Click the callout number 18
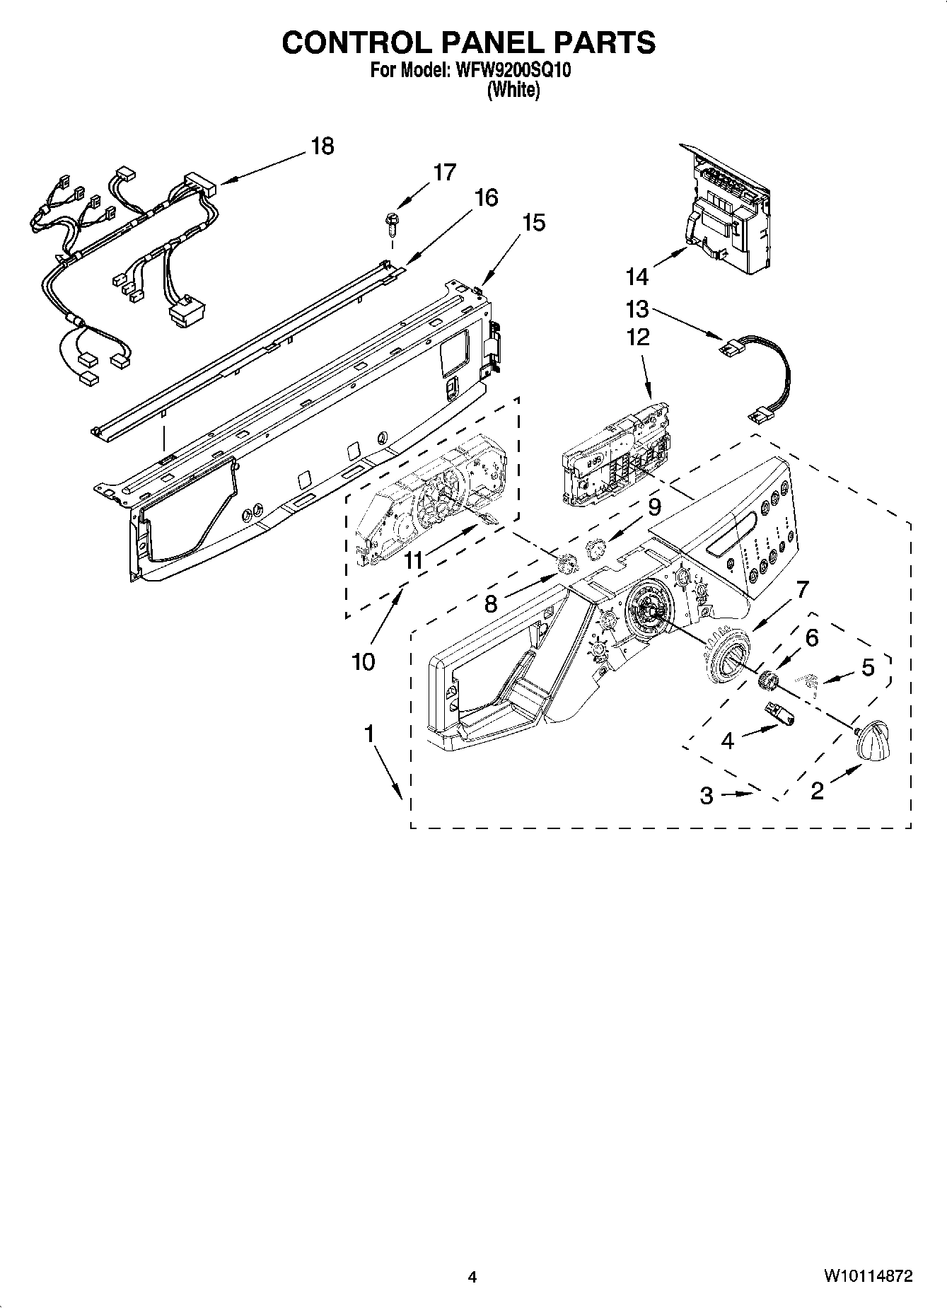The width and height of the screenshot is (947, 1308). (322, 146)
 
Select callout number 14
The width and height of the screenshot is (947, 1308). (637, 276)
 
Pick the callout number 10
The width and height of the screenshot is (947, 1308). (363, 662)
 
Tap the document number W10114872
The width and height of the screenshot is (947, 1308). (867, 1277)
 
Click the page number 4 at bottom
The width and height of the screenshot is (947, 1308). (472, 1277)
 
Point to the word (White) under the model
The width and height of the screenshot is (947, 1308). (513, 91)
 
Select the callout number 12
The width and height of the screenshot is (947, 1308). (637, 337)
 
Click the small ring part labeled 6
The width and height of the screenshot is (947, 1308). (767, 681)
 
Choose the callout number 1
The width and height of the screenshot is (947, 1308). (368, 734)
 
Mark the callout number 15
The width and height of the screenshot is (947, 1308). (534, 223)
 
